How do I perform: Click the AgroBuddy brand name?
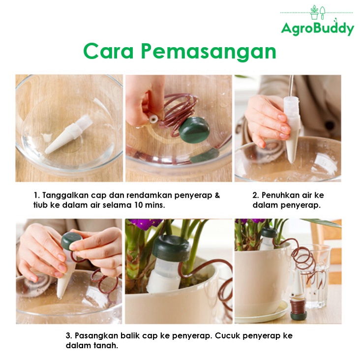click(x=318, y=29)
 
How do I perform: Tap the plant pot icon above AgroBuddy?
click(x=314, y=13)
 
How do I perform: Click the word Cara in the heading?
click(x=108, y=51)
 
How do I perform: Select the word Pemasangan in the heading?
click(x=209, y=51)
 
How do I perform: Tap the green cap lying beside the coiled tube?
click(x=194, y=129)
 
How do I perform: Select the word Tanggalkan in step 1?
click(x=65, y=195)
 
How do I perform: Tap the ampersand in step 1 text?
click(x=217, y=195)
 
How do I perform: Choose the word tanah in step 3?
click(x=106, y=346)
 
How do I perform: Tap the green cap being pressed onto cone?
click(x=71, y=241)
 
